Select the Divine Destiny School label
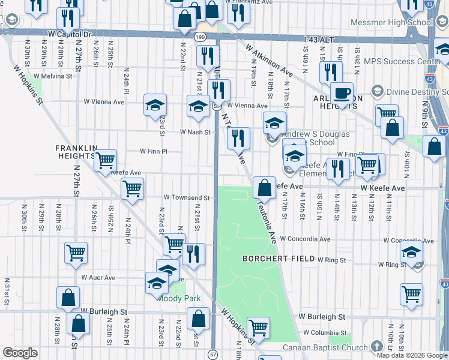click(415, 92)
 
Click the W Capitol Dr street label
click(70, 34)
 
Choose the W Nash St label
click(196, 132)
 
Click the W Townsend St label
click(187, 197)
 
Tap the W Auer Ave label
click(98, 278)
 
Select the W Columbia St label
click(325, 332)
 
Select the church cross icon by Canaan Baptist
click(376, 347)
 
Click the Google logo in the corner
click(20, 353)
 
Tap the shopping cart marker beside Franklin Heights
click(106, 160)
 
